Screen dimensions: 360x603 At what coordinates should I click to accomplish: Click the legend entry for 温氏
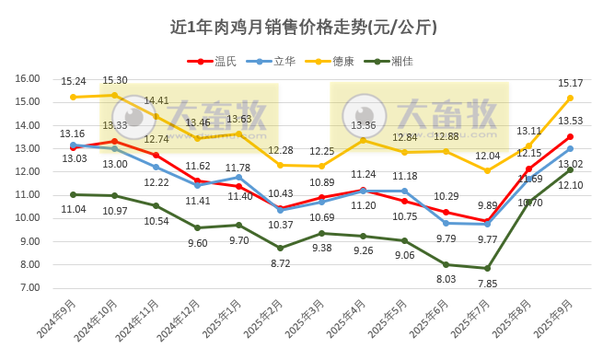[x=214, y=61]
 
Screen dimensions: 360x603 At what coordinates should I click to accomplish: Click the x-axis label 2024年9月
[x=57, y=322]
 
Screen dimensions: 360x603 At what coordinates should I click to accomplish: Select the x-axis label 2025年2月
[x=263, y=322]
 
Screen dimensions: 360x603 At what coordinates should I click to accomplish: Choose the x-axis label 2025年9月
[x=553, y=322]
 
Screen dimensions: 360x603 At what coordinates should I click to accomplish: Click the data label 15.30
[x=115, y=81]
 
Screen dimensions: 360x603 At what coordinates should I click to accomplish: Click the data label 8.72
[x=281, y=262]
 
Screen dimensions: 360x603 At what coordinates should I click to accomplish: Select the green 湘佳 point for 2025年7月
[x=487, y=268]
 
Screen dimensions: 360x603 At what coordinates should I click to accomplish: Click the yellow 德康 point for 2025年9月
[x=570, y=98]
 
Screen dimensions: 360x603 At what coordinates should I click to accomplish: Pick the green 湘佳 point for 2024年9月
[x=73, y=194]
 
